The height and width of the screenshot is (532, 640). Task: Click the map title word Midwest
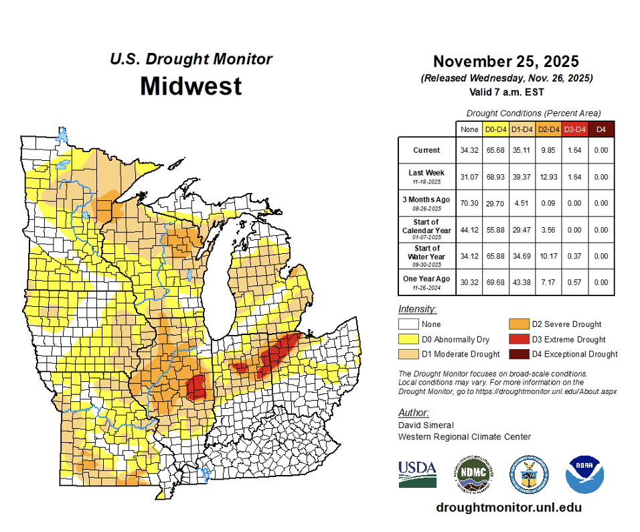tap(191, 86)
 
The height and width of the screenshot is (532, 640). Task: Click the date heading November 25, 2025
tap(505, 62)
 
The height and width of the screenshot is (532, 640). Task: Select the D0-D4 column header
tap(495, 129)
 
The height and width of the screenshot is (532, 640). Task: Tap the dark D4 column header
tap(601, 129)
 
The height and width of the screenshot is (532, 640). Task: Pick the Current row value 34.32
tap(469, 150)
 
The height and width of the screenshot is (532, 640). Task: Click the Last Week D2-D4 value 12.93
tap(548, 176)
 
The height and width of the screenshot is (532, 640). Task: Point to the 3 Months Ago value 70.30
tap(469, 203)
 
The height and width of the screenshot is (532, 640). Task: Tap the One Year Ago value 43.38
tap(522, 282)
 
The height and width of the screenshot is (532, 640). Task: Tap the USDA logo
tap(417, 473)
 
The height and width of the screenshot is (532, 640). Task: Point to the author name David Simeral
tap(426, 425)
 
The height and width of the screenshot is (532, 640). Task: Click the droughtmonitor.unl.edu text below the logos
tap(509, 507)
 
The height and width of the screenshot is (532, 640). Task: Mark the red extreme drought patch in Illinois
tap(196, 387)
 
